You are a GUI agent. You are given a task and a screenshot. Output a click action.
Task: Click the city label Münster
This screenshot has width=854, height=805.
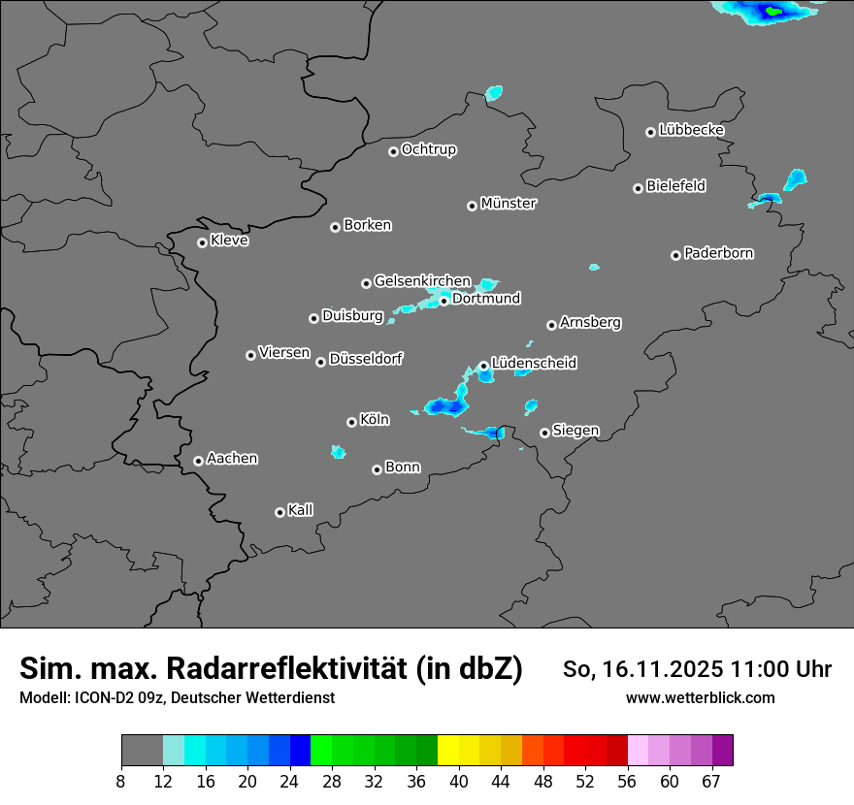click(x=509, y=204)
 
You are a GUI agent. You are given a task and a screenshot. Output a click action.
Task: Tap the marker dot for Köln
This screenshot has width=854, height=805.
click(x=351, y=422)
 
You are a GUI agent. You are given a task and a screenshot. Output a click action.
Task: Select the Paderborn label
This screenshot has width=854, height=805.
click(x=719, y=253)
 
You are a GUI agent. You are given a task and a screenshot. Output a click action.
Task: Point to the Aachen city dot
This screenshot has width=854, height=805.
click(x=198, y=461)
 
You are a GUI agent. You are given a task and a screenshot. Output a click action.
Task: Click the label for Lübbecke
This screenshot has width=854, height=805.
click(x=692, y=130)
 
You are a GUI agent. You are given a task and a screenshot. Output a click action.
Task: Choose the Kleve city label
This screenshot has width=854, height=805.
click(x=230, y=241)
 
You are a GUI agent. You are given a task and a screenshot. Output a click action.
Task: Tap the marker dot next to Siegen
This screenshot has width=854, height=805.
click(x=544, y=433)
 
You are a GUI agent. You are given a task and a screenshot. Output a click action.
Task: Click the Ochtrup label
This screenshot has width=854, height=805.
click(x=429, y=149)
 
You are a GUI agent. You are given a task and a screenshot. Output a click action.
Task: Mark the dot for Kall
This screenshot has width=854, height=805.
click(x=279, y=512)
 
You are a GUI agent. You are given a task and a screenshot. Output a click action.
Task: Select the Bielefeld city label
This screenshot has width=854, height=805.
click(x=676, y=186)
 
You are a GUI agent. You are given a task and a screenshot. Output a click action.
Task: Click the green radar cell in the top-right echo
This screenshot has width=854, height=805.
click(x=773, y=12)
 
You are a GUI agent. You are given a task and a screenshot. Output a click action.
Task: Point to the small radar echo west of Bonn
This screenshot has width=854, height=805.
click(x=338, y=452)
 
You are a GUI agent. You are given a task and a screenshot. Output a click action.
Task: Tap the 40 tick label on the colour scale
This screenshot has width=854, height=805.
click(x=458, y=781)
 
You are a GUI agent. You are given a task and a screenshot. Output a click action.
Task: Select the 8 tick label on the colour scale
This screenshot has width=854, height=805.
click(x=120, y=781)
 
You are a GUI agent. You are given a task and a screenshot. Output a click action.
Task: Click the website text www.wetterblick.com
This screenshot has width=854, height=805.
click(x=701, y=698)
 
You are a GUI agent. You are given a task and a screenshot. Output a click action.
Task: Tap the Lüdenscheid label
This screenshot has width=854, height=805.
click(x=535, y=364)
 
